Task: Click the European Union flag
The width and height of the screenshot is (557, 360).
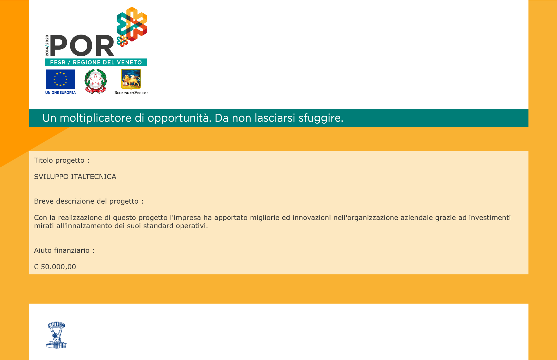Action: click(60, 79)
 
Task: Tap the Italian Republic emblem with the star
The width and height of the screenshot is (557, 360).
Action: click(95, 81)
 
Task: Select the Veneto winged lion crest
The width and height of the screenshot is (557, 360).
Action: click(131, 79)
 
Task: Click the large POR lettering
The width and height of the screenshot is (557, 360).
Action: click(82, 46)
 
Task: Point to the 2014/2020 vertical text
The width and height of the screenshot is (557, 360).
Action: click(47, 46)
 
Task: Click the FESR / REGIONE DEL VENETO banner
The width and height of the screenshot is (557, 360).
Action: click(96, 62)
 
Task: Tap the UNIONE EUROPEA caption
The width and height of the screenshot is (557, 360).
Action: click(60, 93)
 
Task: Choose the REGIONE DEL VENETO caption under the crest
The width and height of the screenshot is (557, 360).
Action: click(131, 93)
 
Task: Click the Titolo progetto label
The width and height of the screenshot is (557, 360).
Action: click(62, 160)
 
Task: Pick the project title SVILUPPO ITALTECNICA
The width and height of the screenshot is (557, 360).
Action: click(75, 177)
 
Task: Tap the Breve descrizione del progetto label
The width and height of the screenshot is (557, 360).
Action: click(89, 201)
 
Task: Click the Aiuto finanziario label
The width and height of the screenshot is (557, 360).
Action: click(64, 250)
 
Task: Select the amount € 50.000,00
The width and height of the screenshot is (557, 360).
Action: click(55, 267)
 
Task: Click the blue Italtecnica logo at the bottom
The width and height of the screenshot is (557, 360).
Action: click(56, 335)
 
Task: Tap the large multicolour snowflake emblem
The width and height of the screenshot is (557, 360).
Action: click(132, 24)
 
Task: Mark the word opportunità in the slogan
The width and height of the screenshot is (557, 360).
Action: click(179, 118)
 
